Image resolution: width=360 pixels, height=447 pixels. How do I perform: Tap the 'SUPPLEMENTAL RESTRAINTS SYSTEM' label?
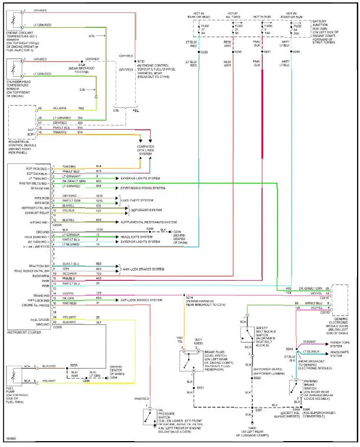click(x=148, y=222)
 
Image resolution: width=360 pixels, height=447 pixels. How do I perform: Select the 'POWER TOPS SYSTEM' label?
click(x=342, y=343)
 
